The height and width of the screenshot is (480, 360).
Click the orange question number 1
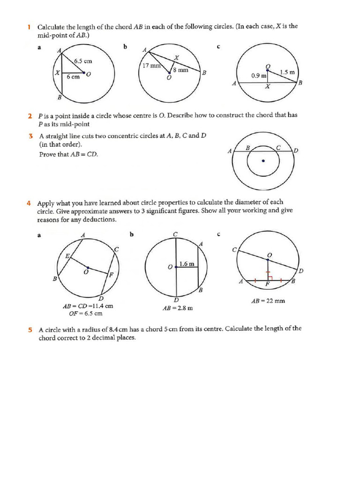(x=29, y=27)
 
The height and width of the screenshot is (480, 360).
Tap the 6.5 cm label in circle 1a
(x=83, y=61)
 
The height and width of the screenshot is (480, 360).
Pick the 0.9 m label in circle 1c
(x=259, y=75)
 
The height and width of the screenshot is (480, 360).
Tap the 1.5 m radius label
(x=287, y=72)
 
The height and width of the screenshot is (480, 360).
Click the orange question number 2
(x=30, y=115)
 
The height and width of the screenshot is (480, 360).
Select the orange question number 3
(x=30, y=136)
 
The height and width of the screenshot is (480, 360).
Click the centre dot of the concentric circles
(x=263, y=161)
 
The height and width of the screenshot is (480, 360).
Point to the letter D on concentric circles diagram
(x=296, y=150)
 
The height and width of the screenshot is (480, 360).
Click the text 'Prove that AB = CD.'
(x=68, y=154)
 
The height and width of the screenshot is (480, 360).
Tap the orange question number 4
(x=30, y=203)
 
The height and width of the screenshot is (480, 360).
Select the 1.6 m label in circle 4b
(x=187, y=264)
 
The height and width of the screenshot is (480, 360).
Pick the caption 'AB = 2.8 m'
(x=178, y=308)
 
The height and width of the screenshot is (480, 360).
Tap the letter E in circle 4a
(x=67, y=255)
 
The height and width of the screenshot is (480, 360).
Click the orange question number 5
(x=30, y=330)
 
